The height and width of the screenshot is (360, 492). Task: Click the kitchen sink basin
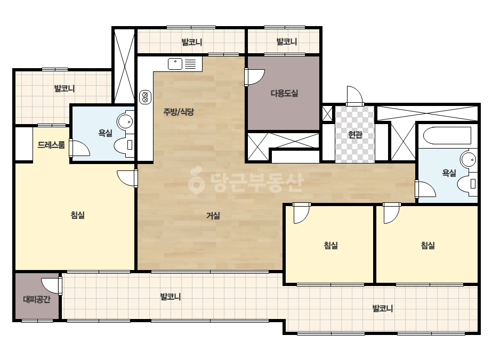point(175,64)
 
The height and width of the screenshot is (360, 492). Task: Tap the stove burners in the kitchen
point(145,97)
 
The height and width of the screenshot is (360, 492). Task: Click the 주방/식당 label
point(179,112)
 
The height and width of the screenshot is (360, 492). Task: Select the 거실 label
point(213,216)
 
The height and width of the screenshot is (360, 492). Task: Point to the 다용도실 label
point(284,93)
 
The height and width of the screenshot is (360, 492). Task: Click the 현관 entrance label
point(355,135)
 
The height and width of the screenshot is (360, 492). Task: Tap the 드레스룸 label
point(51,145)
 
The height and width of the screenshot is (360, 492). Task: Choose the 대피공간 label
point(37,299)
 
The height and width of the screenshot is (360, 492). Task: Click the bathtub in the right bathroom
point(447,135)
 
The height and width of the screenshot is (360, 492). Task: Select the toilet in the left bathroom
point(124,145)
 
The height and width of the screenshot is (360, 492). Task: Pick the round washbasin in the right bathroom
point(469,160)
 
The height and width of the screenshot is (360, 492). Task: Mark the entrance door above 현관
point(355,96)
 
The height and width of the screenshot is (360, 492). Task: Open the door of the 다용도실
point(254,77)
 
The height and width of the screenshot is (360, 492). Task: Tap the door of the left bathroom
point(80,148)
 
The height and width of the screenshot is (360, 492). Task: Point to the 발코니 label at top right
point(286,42)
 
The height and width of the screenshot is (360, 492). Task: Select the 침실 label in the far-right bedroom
point(428,245)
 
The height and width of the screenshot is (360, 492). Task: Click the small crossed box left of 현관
point(327,113)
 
